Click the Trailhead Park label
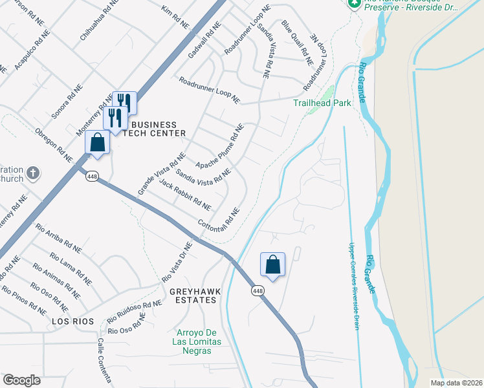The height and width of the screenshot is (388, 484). point(322,103)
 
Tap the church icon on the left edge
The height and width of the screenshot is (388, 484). point(34,174)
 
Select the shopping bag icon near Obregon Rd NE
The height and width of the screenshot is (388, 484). point(97,143)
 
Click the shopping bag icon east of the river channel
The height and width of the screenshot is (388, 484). point(272,264)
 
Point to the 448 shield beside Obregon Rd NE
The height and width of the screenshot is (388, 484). point(93,177)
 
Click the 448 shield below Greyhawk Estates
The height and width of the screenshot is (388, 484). point(258,292)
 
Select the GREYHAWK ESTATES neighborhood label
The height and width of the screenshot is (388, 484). point(195,296)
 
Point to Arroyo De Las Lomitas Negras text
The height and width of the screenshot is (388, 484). point(197,341)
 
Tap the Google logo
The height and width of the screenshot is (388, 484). point(21,380)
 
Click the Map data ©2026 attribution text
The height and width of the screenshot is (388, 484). point(456,383)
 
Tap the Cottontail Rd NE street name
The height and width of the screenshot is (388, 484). point(219,220)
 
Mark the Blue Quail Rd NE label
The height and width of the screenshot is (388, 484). point(297,43)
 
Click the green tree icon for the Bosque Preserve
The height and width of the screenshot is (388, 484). point(354,3)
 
